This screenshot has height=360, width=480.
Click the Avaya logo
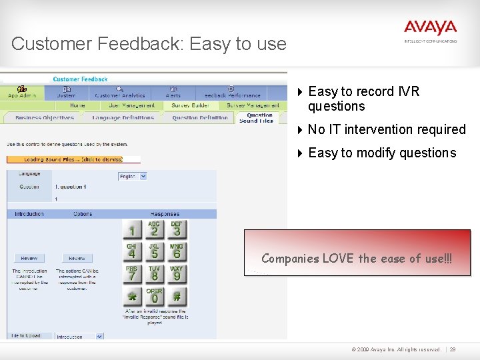430,29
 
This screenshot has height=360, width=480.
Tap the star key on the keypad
132,296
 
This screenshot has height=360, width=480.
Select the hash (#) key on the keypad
177,296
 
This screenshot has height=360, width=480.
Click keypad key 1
132,230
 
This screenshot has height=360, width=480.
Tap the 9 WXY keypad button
177,273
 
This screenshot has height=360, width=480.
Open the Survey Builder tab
190,105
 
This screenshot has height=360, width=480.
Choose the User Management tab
132,105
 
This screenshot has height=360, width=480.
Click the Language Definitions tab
123,118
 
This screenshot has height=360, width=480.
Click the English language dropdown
132,177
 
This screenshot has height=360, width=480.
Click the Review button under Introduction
29,258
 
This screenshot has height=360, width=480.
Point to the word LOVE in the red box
335,258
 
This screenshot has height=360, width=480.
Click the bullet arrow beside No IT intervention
300,129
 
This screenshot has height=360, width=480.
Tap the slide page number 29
453,349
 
